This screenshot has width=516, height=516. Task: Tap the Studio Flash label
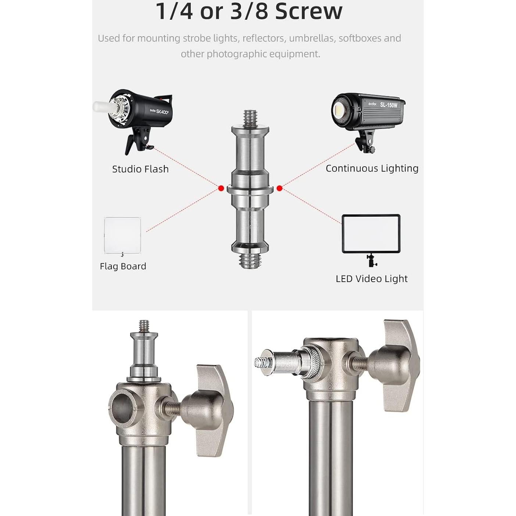coord(140,169)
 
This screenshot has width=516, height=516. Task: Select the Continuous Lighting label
coord(372,168)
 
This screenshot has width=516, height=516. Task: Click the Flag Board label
coord(123,266)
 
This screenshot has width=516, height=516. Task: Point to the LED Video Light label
coord(371,279)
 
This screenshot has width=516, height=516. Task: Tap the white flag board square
coord(122,235)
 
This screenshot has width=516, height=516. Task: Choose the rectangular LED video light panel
coord(371,234)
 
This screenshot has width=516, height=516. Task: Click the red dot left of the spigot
coord(221,188)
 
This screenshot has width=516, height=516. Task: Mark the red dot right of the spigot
coord(279,188)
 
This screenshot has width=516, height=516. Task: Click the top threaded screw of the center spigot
coord(250,118)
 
